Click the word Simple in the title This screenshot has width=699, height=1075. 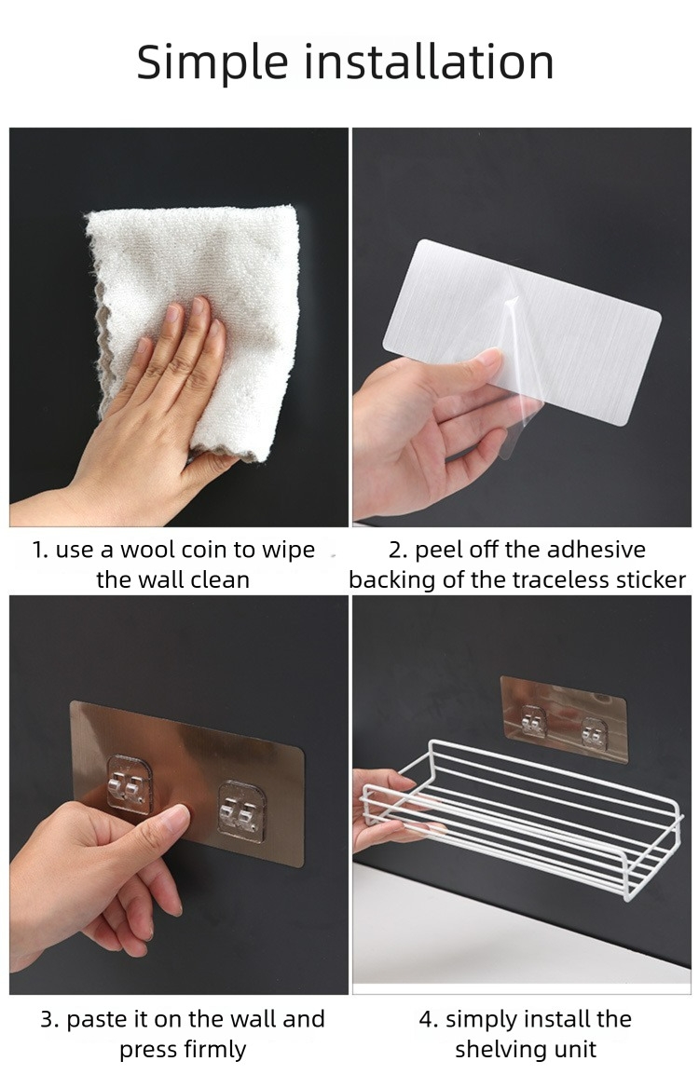pos(212,63)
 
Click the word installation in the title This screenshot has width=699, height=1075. pos(429,61)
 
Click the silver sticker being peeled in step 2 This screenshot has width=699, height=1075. pos(521,329)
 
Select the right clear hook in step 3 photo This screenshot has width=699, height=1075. pos(241,812)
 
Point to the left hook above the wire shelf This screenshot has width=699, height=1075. pos(533,721)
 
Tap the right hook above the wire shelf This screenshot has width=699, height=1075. pos(593,732)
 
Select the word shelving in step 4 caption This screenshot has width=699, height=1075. pos(498,1050)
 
